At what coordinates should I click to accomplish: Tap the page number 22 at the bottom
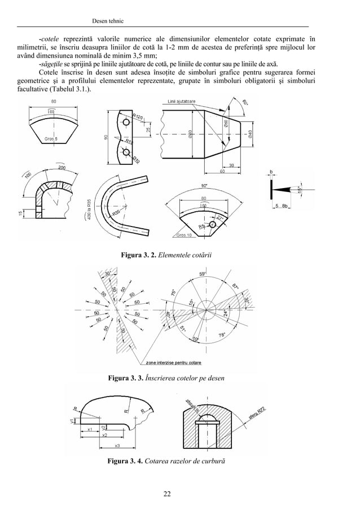(x=167, y=495)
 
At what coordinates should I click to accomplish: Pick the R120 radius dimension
(x=137, y=117)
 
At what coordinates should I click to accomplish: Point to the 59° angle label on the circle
(x=202, y=275)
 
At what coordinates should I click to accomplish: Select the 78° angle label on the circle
(x=222, y=336)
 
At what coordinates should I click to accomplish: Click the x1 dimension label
(x=90, y=430)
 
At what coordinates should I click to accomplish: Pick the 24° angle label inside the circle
(x=226, y=313)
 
